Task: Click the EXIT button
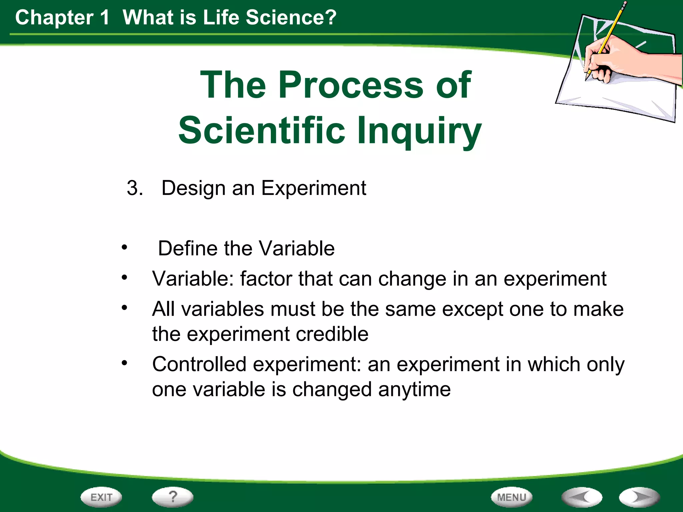101,497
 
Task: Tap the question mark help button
172,497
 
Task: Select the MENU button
512,497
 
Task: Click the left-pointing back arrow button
582,497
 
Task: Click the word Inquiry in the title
419,131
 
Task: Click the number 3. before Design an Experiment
135,188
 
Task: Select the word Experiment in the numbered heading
313,188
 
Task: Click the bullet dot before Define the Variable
124,248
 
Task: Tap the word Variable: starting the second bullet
193,279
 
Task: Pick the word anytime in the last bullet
414,389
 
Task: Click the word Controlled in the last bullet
199,364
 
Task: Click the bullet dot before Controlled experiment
124,363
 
